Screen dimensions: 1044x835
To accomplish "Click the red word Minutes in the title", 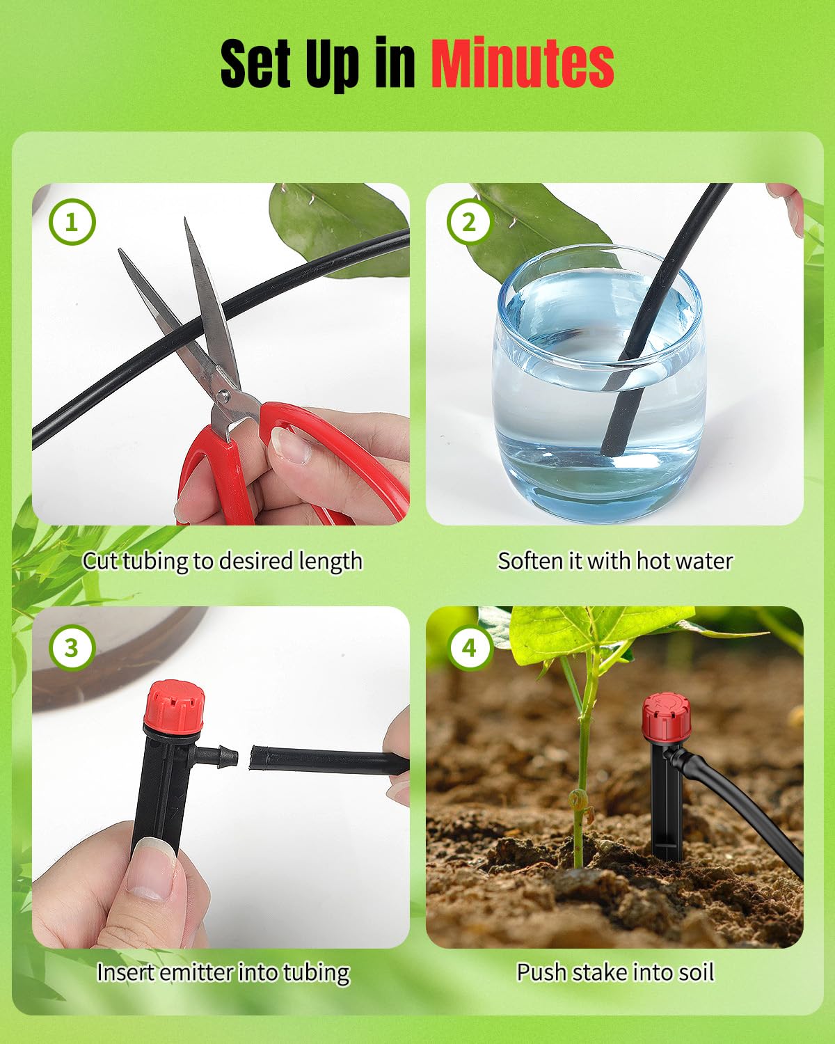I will click(522, 64).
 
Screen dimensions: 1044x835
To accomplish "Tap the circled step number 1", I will click(72, 222).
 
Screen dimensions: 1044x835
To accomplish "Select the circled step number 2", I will click(469, 222).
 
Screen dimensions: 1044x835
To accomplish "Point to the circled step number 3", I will click(72, 647).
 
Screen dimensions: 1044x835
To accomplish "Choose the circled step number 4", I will click(469, 647).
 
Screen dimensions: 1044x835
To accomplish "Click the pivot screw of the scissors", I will click(223, 397).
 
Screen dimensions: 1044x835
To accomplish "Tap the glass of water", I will click(597, 390).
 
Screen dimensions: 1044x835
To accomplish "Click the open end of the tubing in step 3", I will click(255, 758).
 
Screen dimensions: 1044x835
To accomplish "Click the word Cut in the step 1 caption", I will click(100, 561).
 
